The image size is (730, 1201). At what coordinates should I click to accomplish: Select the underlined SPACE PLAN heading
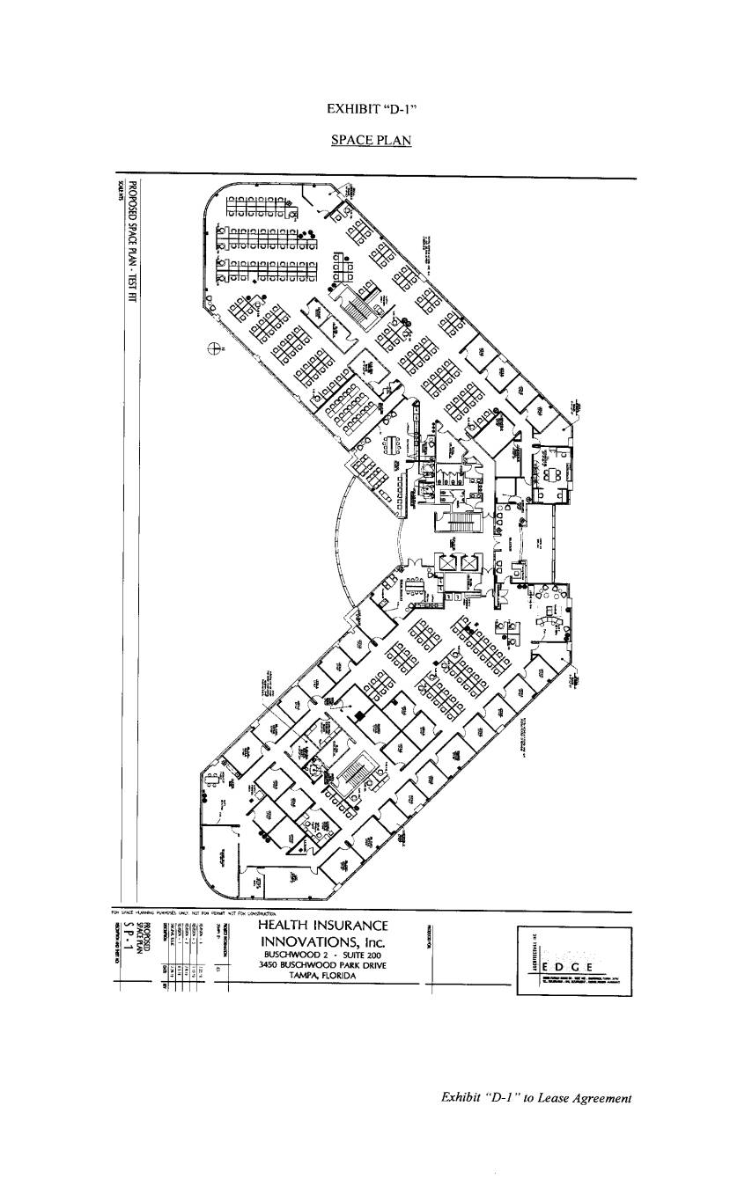371,139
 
